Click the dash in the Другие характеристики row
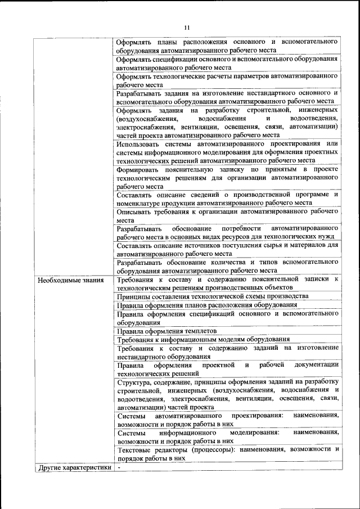point(119,467)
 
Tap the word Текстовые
point(136,449)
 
